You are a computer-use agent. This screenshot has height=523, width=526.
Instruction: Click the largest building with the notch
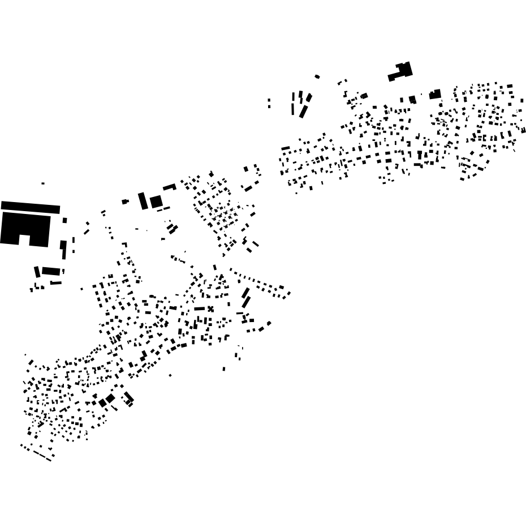[25, 226]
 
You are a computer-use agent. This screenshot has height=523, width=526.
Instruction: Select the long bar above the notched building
[31, 207]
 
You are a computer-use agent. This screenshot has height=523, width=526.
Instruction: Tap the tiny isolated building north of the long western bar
[43, 183]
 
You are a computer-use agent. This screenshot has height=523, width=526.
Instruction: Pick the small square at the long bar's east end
[64, 220]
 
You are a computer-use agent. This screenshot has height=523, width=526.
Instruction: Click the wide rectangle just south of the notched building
[51, 271]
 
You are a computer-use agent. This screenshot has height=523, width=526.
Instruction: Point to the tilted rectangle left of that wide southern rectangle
[37, 272]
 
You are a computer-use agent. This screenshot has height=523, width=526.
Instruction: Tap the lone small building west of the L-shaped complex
[317, 76]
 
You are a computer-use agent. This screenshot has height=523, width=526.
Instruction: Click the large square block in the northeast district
[434, 95]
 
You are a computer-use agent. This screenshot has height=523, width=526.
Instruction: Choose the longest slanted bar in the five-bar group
[303, 111]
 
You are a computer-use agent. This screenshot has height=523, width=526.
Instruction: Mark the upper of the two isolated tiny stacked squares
[269, 101]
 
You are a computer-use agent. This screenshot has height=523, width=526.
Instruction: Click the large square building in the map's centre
[156, 202]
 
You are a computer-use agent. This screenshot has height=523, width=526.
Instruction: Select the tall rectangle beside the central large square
[143, 201]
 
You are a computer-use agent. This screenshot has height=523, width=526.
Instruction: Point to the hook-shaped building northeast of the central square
[169, 187]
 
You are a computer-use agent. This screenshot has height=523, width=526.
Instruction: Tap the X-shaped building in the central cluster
[210, 309]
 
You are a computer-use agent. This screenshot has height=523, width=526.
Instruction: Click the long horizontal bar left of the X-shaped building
[200, 308]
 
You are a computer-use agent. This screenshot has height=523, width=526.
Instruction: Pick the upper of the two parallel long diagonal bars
[245, 293]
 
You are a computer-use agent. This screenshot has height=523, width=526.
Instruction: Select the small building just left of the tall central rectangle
[125, 202]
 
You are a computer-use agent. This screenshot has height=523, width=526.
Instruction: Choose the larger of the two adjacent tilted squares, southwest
[110, 398]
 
